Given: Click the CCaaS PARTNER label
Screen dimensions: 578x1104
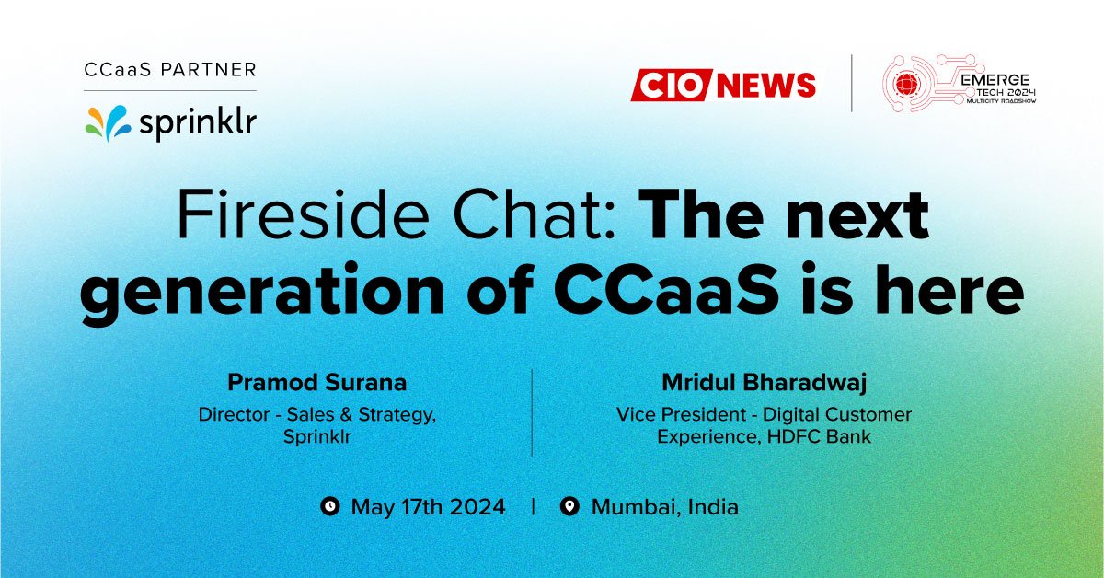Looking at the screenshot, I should (x=169, y=70).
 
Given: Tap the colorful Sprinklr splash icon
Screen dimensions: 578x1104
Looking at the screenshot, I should (x=109, y=122).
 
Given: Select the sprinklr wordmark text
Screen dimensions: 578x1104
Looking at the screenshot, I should (x=197, y=124).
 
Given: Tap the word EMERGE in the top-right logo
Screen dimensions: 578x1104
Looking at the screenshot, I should (x=994, y=81).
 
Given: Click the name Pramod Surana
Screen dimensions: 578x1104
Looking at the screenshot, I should (x=317, y=381).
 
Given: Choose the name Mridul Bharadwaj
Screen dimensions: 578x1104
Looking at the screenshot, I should (x=764, y=381).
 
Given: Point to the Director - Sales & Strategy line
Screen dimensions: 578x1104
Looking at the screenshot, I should (x=317, y=414).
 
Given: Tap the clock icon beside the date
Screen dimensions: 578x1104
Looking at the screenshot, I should (x=329, y=506).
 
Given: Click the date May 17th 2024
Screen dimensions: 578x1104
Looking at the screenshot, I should (x=428, y=506).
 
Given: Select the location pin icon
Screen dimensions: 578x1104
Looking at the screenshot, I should (x=569, y=506).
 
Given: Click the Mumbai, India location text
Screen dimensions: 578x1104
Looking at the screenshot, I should (x=664, y=506).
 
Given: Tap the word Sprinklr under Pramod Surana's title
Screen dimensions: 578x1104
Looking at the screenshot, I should (x=317, y=436).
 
